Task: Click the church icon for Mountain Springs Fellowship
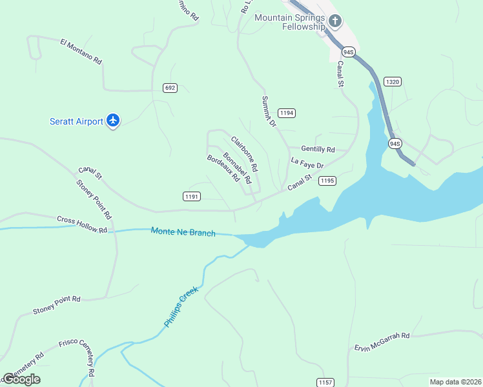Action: click(x=334, y=21)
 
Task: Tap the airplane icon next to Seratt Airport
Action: click(x=114, y=120)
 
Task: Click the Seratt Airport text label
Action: click(x=76, y=121)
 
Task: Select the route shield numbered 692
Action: click(x=170, y=88)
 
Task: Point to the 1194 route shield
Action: click(x=287, y=113)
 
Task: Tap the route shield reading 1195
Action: click(x=327, y=181)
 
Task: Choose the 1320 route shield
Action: click(x=392, y=81)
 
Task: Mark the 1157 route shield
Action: click(x=325, y=382)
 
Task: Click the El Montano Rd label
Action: click(x=81, y=52)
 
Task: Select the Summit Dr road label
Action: click(x=268, y=111)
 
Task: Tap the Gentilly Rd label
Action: click(x=318, y=150)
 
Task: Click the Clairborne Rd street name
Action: click(x=245, y=153)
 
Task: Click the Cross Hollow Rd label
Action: click(x=81, y=224)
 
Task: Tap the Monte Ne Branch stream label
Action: click(x=183, y=232)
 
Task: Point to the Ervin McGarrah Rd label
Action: click(x=382, y=342)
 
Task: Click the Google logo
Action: click(x=21, y=379)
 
